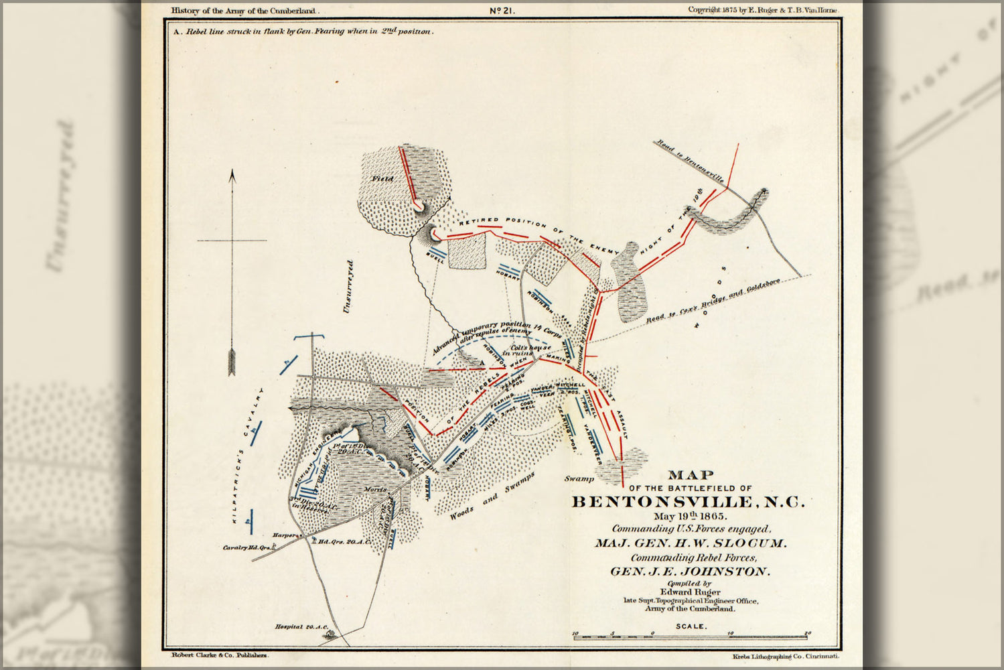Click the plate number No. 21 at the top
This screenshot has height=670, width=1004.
[501, 10]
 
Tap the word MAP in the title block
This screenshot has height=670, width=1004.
[690, 476]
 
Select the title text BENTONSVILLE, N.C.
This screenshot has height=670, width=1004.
[689, 502]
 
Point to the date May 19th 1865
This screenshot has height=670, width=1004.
[690, 517]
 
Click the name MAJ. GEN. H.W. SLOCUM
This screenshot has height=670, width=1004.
[690, 543]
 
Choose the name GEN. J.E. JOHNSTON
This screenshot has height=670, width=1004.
[690, 572]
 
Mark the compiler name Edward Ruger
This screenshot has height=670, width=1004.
[690, 592]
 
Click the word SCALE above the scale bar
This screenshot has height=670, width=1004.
[690, 626]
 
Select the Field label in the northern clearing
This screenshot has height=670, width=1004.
[384, 179]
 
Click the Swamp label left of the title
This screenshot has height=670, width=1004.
[579, 479]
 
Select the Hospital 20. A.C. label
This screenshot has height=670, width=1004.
[301, 626]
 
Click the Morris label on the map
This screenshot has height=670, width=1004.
[376, 490]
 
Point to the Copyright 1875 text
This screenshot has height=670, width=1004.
[762, 10]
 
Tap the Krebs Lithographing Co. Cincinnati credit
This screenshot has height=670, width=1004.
[785, 659]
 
